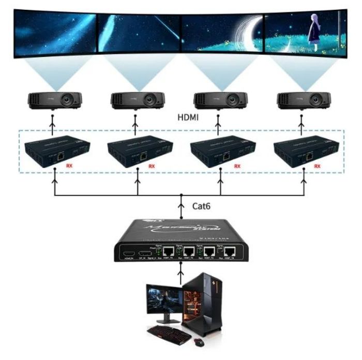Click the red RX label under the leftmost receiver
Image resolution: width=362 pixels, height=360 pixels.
click(x=69, y=166)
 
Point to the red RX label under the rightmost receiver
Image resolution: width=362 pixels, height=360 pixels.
click(x=318, y=166)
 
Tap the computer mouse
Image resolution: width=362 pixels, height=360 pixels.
click(x=199, y=342)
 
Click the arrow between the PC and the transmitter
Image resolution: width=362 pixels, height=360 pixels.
click(x=181, y=272)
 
